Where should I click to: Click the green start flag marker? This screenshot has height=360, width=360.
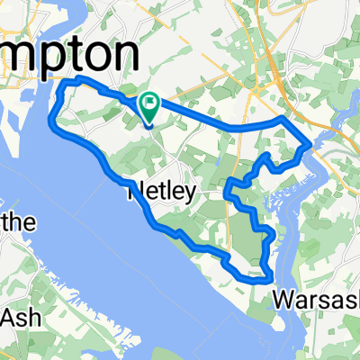tap(149, 109)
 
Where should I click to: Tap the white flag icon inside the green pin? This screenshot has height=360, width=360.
tap(149, 106)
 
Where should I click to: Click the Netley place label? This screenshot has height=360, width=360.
tap(161, 191)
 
